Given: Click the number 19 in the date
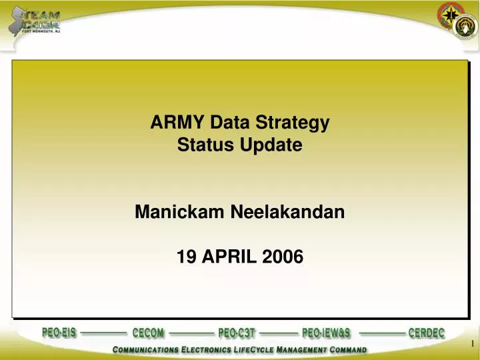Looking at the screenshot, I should [x=186, y=256].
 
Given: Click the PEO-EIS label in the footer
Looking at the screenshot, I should [x=59, y=333].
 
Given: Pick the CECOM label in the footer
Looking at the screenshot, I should [x=148, y=333].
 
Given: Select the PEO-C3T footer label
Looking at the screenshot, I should [x=237, y=333].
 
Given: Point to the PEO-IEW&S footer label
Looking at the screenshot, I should [x=326, y=333].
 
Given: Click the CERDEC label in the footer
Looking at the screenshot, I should [x=426, y=333].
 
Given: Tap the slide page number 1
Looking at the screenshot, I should [x=472, y=343].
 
